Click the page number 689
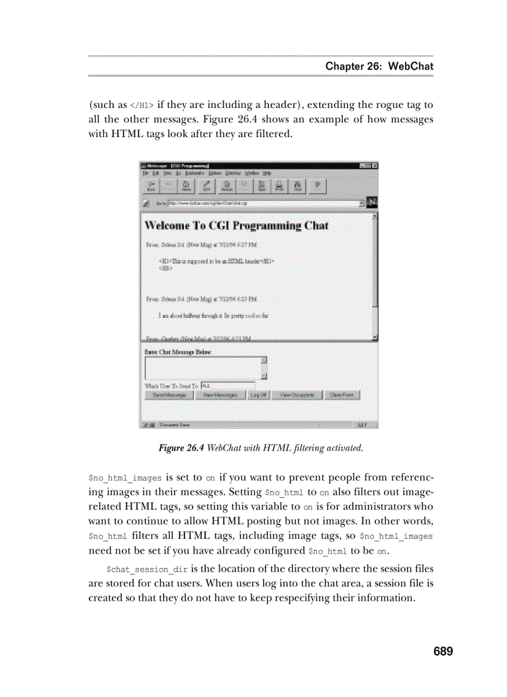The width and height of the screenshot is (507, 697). click(x=443, y=651)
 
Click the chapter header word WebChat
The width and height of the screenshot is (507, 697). click(x=411, y=66)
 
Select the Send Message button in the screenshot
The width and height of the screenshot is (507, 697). click(x=169, y=395)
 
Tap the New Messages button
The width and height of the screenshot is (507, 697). click(x=220, y=395)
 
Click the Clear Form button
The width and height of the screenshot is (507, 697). click(x=341, y=395)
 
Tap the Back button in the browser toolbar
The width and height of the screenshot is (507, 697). click(x=151, y=186)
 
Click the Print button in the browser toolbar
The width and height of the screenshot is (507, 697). click(x=280, y=186)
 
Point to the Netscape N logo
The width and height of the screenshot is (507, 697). click(x=372, y=202)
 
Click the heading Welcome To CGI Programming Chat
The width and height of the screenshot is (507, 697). click(x=236, y=226)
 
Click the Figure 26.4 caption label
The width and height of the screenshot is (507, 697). click(x=181, y=447)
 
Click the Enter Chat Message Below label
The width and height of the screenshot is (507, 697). click(x=178, y=353)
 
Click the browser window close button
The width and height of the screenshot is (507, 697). click(x=375, y=166)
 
